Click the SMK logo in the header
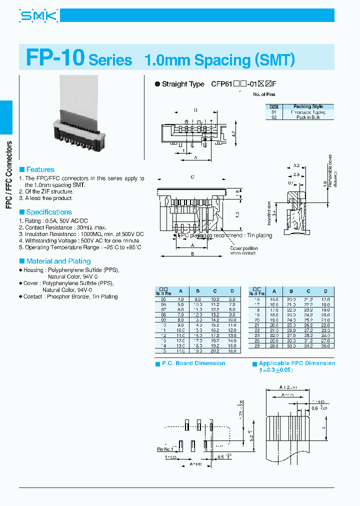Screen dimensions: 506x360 point(38,17)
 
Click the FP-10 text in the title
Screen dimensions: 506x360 point(55,58)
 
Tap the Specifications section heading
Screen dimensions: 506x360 point(48,212)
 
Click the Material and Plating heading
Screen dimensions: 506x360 point(58,261)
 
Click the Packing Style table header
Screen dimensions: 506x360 point(308,106)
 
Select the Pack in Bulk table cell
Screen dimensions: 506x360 point(308,117)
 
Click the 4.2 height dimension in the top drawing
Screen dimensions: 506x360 point(233,134)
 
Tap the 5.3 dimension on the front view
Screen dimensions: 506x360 point(238,214)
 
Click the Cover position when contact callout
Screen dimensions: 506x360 point(243,250)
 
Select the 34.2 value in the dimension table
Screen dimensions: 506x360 point(308,346)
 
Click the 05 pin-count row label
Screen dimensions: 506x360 point(163,299)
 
